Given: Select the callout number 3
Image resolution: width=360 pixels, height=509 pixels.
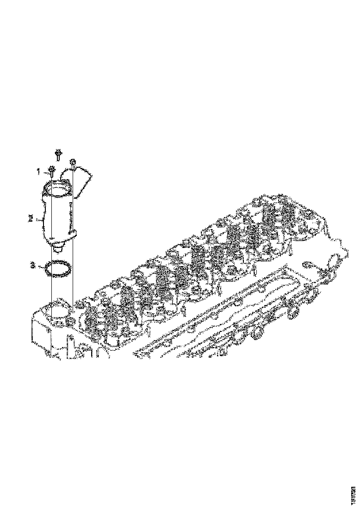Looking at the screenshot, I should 33,266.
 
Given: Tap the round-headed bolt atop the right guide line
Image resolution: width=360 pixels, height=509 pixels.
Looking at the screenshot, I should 73,162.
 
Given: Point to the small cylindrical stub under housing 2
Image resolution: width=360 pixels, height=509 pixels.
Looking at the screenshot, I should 58,249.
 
